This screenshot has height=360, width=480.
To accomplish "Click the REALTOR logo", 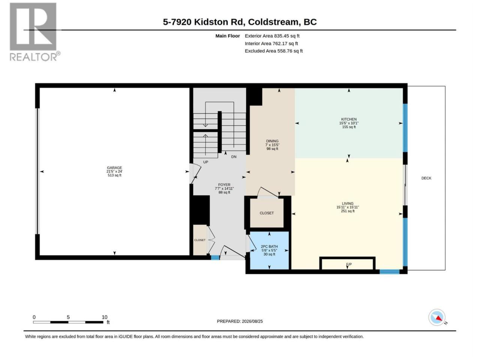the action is click(35, 32).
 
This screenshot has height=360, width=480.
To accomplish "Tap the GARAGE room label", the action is click(114, 168).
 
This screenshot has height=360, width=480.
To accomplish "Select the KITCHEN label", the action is click(349, 119).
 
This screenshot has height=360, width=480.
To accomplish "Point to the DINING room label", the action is click(272, 141).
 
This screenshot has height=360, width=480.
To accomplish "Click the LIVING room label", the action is click(348, 203).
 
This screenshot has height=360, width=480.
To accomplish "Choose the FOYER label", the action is click(224, 185).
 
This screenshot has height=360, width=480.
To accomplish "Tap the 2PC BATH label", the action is click(269, 246).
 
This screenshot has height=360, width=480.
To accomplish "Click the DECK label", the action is click(426, 178).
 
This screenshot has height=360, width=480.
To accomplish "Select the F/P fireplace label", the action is click(349, 264).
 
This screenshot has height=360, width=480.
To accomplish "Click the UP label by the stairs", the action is click(205, 162).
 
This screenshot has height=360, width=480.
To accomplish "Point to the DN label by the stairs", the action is click(234, 157).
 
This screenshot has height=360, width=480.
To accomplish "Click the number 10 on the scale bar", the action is click(105, 317).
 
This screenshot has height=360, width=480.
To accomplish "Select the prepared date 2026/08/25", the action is click(252, 321).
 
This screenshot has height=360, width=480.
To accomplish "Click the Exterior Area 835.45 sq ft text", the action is click(272, 36).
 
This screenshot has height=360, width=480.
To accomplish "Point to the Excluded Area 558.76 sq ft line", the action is click(274, 51).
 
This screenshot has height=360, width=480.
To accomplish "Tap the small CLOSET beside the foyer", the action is click(199, 240).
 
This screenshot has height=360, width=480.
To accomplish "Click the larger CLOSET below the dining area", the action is click(267, 213).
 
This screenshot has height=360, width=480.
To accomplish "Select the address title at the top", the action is click(240, 22).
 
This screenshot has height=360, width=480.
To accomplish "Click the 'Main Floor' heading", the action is click(228, 36).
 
